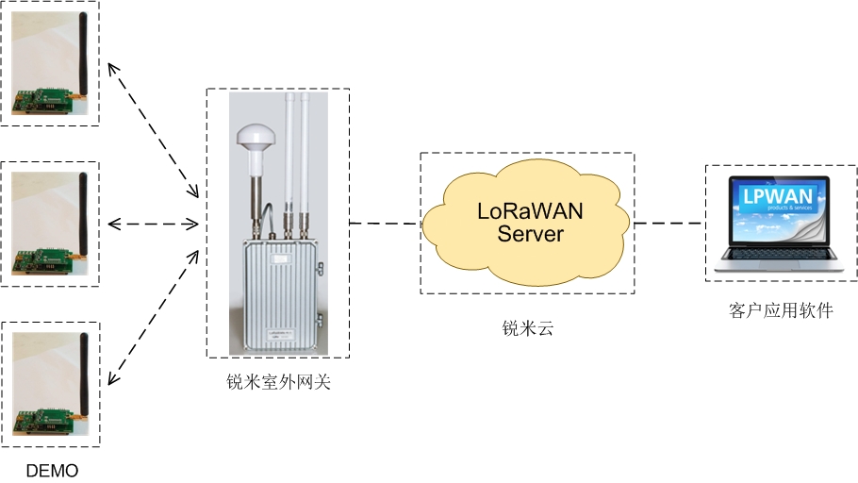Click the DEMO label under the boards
51,470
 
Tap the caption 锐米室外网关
278,382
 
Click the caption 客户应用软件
781,310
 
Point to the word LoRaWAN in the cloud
529,211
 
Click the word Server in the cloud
530,233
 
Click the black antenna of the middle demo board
82,213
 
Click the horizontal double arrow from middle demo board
153,225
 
